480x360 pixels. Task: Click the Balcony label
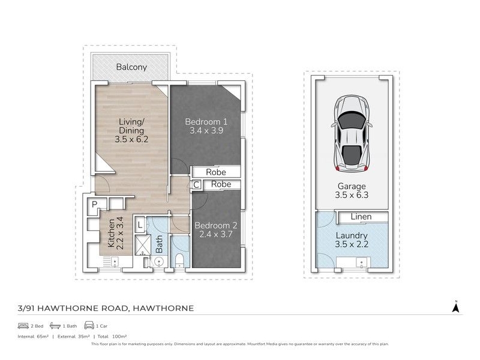[131, 67]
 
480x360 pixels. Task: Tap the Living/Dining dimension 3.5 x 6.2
[131, 139]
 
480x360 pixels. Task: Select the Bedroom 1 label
[206, 122]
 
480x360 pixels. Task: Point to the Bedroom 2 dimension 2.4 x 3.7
[216, 234]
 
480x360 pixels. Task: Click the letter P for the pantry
[95, 204]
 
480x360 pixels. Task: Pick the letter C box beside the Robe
[196, 185]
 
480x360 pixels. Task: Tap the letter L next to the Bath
[140, 226]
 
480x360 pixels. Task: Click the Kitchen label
[111, 233]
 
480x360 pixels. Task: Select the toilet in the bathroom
[179, 260]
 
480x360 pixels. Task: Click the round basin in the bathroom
[158, 262]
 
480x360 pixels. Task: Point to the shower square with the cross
[143, 245]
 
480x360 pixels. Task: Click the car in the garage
[352, 134]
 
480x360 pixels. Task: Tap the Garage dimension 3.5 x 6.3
[352, 195]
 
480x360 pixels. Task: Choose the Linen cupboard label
[361, 217]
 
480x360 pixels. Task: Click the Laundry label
[352, 235]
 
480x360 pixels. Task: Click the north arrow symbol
[456, 307]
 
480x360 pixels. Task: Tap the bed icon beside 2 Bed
[23, 326]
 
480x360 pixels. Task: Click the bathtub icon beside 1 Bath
[55, 325]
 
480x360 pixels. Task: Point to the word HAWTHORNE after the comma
[163, 308]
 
